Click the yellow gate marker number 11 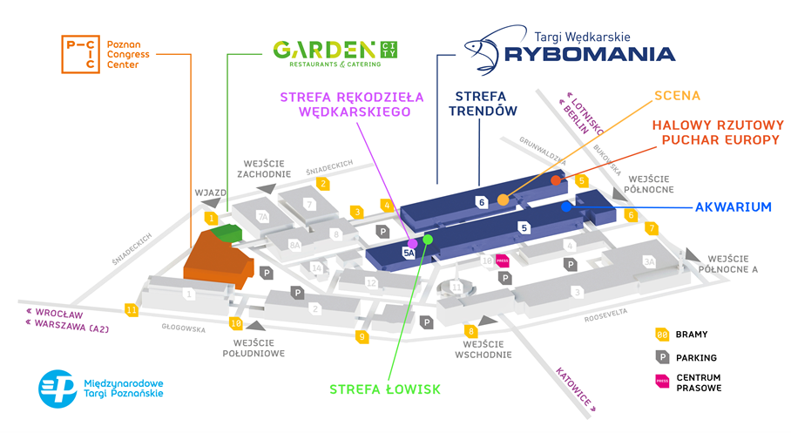tap(132, 309)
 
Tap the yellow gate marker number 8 tap(471, 331)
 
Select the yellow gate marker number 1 tap(211, 218)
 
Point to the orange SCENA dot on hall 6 tap(503, 200)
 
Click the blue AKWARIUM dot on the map tap(566, 206)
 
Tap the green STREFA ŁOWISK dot tap(428, 239)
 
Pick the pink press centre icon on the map tap(502, 260)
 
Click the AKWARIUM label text tap(733, 207)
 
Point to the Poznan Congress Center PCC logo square tap(80, 55)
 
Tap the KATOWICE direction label tap(575, 387)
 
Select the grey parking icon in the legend tap(663, 357)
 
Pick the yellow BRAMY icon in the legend tap(663, 334)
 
